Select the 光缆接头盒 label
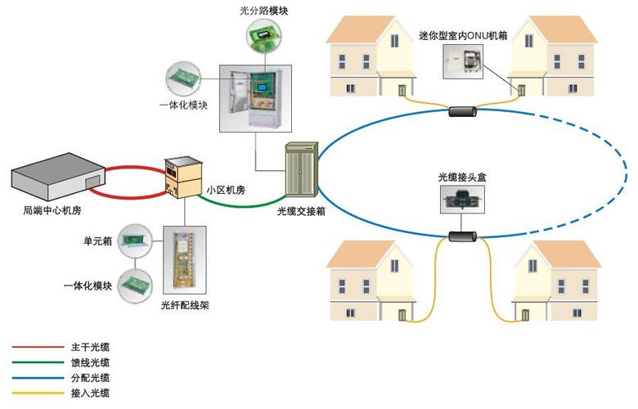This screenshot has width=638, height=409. coord(462,177)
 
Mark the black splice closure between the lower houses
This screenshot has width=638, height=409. coord(464,237)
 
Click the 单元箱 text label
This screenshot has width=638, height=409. coord(97,241)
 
